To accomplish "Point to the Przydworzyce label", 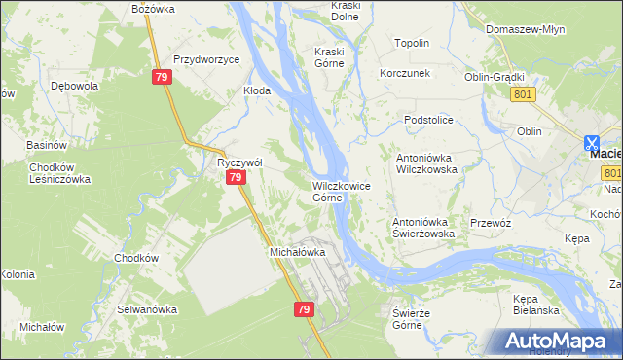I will pos(206,59).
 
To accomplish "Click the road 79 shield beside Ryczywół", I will pos(236,178).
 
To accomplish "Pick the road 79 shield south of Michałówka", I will pos(303,308).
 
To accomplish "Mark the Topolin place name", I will pos(412,44).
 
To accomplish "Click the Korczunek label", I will pos(406,74).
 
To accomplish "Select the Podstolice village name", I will pos(430,119).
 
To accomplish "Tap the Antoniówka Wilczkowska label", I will pos(425,162).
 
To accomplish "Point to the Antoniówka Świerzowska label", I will pos(423,228).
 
